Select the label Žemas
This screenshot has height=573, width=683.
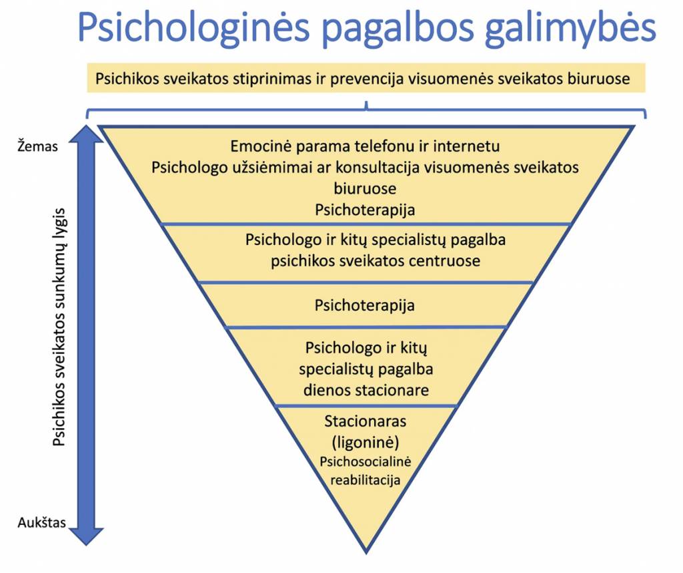tap(37, 146)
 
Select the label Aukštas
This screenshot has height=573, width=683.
tap(42, 522)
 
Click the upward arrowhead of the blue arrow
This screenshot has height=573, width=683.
tap(86, 134)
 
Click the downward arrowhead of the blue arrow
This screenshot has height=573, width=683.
tap(86, 537)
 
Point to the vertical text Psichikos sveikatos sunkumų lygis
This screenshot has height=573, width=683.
tap(59, 327)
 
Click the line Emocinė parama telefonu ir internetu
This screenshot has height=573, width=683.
tap(365, 146)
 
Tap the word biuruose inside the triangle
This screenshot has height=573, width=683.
tap(365, 189)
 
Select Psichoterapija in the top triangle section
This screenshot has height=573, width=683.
tap(365, 210)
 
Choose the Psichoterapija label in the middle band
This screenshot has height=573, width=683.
tap(365, 305)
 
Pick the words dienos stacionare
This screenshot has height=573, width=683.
tap(366, 390)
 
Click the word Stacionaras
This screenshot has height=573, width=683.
tap(366, 421)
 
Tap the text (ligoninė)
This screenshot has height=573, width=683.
tap(366, 442)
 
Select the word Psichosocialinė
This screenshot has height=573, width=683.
tap(366, 461)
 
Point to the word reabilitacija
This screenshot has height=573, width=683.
tap(366, 480)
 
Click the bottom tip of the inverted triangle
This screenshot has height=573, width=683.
tap(366, 554)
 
